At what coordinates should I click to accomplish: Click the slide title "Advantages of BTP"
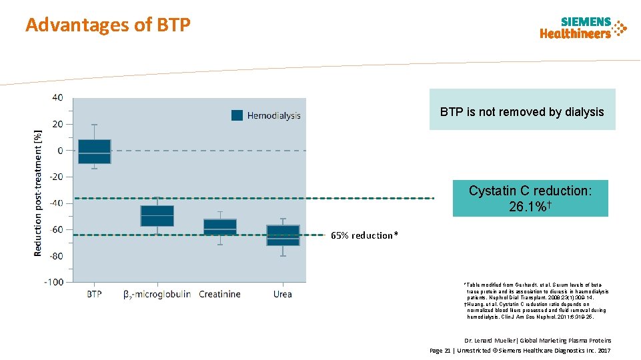pyautogui.click(x=108, y=25)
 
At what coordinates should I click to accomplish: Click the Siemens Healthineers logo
pyautogui.click(x=583, y=28)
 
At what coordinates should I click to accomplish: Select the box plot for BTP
pyautogui.click(x=94, y=151)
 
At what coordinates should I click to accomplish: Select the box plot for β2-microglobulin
pyautogui.click(x=157, y=216)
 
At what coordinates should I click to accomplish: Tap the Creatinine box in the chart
pyautogui.click(x=220, y=227)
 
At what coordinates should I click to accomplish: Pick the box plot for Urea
pyautogui.click(x=283, y=235)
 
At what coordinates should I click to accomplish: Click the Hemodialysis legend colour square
pyautogui.click(x=237, y=115)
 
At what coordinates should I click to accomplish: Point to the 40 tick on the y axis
pyautogui.click(x=58, y=98)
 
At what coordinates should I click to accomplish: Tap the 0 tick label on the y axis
pyautogui.click(x=61, y=151)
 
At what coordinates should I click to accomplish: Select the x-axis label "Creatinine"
pyautogui.click(x=219, y=294)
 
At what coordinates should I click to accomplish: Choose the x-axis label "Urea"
pyautogui.click(x=282, y=294)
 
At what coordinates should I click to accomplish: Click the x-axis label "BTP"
pyautogui.click(x=94, y=294)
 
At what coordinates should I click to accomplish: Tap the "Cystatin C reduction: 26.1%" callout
pyautogui.click(x=530, y=199)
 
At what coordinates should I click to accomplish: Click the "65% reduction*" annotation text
pyautogui.click(x=364, y=235)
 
